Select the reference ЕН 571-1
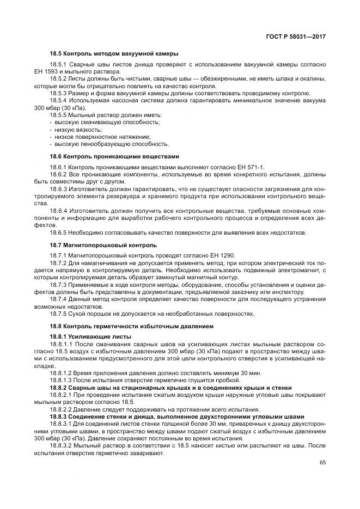click(249, 167)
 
